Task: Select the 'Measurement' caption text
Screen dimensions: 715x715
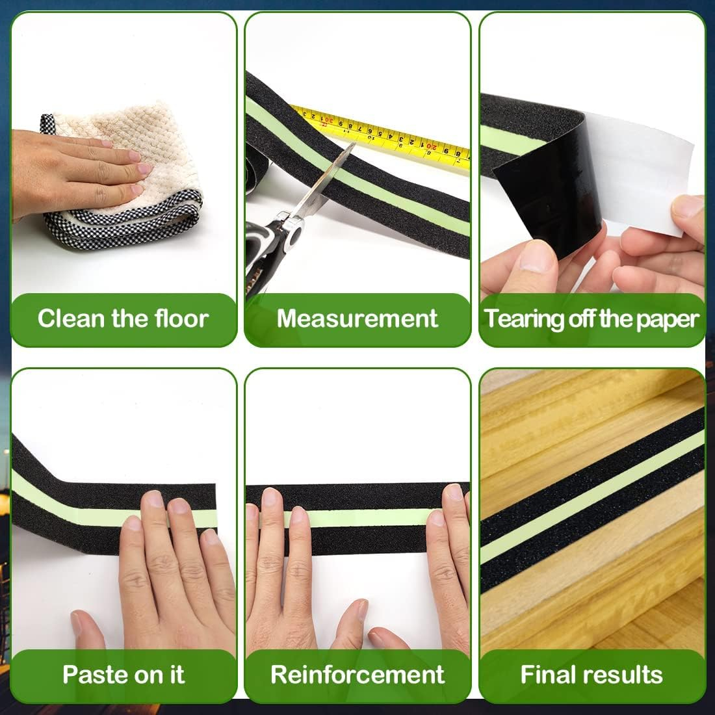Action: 357,318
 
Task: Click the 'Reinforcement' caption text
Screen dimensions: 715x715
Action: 357,675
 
